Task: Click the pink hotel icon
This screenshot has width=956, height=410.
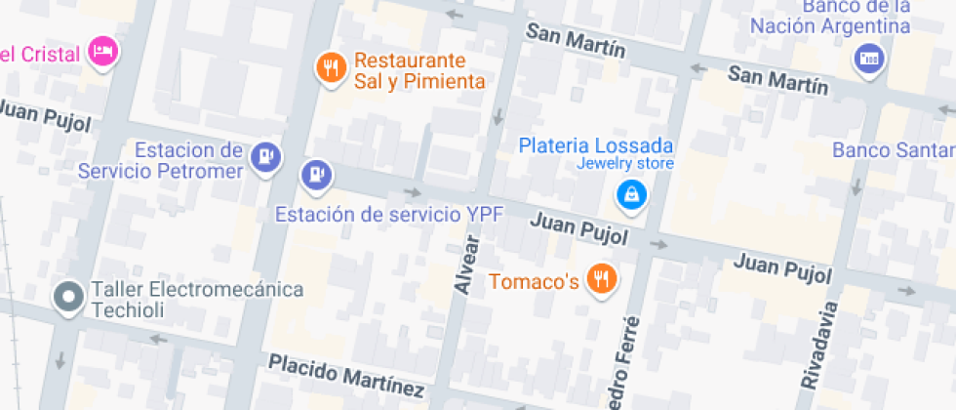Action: (102, 51)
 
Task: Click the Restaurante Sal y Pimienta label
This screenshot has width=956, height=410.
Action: (419, 70)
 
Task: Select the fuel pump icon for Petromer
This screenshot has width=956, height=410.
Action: (265, 156)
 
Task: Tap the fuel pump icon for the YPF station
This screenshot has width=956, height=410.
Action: (315, 175)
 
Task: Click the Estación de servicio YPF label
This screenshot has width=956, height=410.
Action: (388, 214)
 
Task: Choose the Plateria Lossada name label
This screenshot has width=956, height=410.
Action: (596, 145)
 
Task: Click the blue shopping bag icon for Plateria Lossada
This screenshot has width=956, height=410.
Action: (633, 194)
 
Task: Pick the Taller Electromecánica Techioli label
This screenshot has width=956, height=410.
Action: (196, 300)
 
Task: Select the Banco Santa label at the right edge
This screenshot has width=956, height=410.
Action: (893, 150)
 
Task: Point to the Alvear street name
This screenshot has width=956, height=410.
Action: (468, 265)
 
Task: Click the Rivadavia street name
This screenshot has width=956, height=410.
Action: (819, 347)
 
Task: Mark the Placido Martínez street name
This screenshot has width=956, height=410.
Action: (347, 378)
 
